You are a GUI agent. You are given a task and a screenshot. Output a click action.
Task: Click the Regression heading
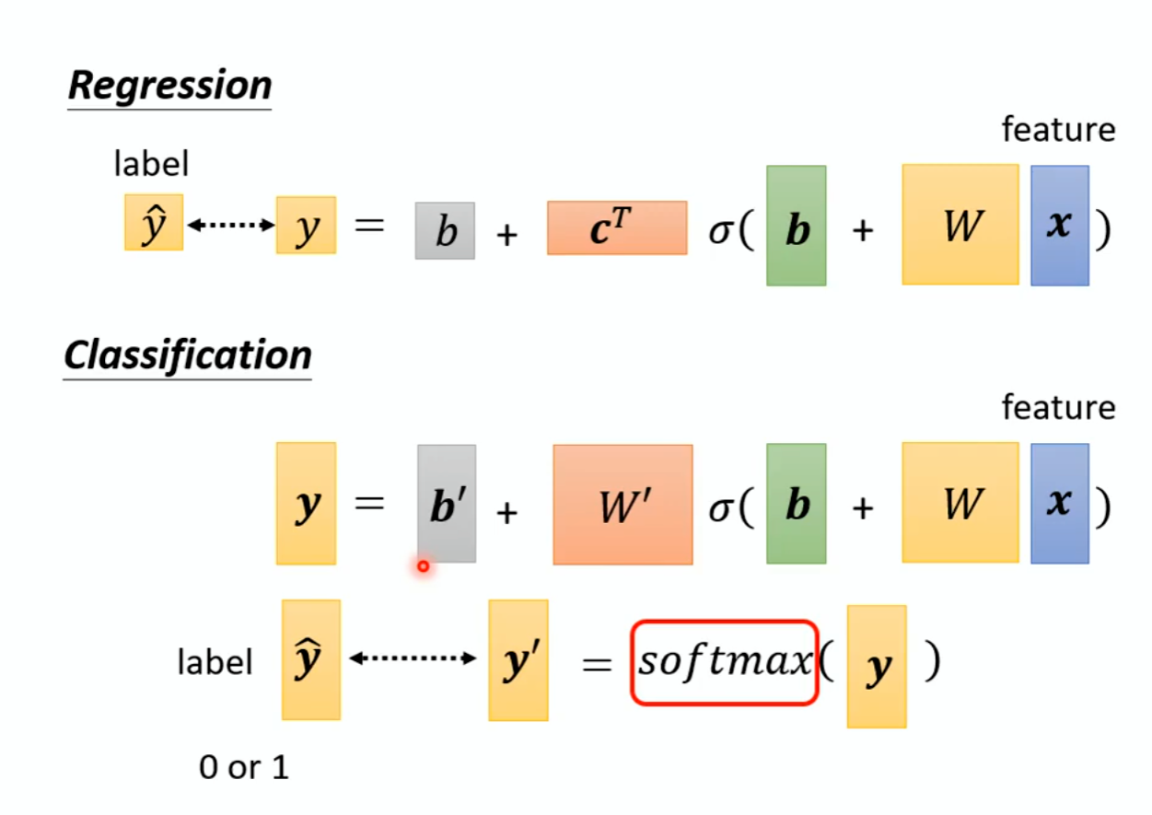click(x=170, y=86)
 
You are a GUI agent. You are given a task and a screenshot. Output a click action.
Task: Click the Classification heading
click(x=188, y=355)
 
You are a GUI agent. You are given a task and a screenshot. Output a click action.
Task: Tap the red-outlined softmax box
click(x=725, y=662)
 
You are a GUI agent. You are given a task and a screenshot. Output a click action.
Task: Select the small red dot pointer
click(x=423, y=566)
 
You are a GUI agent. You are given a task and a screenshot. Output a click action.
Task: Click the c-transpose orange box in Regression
click(x=617, y=227)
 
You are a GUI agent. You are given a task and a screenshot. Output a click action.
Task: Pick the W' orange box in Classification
click(x=623, y=505)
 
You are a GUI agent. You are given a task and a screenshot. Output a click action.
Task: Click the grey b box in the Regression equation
click(x=445, y=231)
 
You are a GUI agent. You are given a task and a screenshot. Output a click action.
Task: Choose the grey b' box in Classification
click(x=447, y=504)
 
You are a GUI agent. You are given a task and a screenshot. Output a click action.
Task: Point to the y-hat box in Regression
click(x=154, y=222)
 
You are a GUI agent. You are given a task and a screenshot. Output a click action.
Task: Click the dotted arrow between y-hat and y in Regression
click(x=230, y=225)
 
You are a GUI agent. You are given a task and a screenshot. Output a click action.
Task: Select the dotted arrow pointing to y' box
click(x=413, y=658)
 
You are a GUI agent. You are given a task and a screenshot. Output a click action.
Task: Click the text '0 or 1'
click(x=244, y=767)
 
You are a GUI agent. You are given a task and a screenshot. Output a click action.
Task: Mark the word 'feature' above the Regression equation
click(x=1058, y=130)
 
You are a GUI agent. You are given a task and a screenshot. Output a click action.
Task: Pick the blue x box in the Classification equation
click(x=1060, y=503)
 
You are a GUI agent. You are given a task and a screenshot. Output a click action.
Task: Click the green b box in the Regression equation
click(x=797, y=226)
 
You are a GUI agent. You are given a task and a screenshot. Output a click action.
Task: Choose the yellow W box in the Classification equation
click(x=960, y=503)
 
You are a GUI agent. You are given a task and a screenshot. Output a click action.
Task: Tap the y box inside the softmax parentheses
click(x=877, y=666)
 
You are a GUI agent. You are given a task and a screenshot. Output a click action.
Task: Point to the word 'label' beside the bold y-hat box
click(x=215, y=662)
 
